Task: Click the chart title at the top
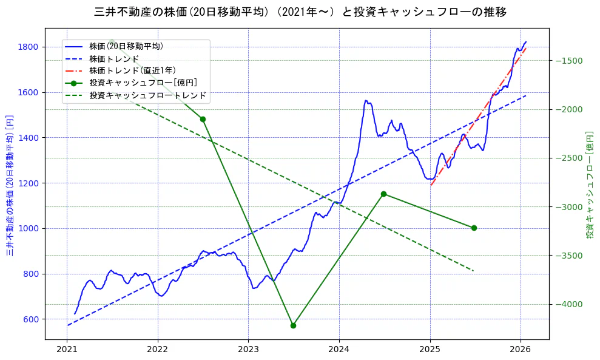(300, 12)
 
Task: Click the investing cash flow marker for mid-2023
(293, 325)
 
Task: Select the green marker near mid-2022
(203, 119)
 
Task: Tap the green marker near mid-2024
(383, 194)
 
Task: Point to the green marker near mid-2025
(474, 228)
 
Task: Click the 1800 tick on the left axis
(29, 47)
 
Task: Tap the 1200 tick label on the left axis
(29, 183)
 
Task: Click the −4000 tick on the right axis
(569, 304)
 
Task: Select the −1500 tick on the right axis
(569, 61)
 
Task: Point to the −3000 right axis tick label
(569, 207)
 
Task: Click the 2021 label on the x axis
(67, 350)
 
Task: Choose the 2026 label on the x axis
(521, 350)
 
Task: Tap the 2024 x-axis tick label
(339, 350)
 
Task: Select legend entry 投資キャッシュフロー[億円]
(143, 83)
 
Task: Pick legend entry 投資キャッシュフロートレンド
(147, 95)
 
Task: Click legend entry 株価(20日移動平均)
(126, 46)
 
